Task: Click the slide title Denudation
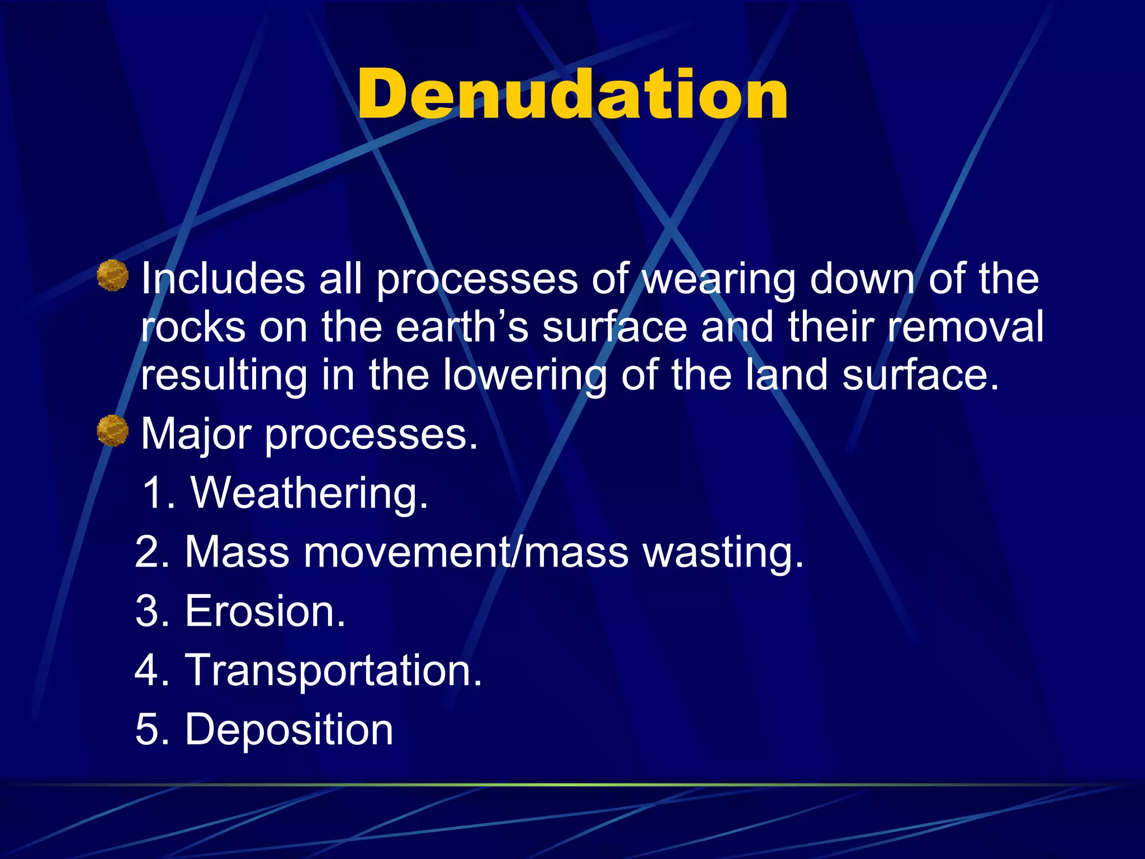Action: pyautogui.click(x=572, y=94)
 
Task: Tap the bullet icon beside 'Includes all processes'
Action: pyautogui.click(x=112, y=275)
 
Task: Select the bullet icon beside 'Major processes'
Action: pyautogui.click(x=112, y=431)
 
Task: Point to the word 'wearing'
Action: pyautogui.click(x=718, y=280)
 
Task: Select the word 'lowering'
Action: pyautogui.click(x=524, y=376)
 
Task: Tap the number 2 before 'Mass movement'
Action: pyautogui.click(x=148, y=553)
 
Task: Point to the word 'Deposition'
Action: pyautogui.click(x=288, y=730)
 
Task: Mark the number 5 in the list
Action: pyautogui.click(x=148, y=730)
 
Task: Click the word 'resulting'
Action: pyautogui.click(x=224, y=376)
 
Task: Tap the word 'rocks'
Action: pyautogui.click(x=193, y=327)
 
